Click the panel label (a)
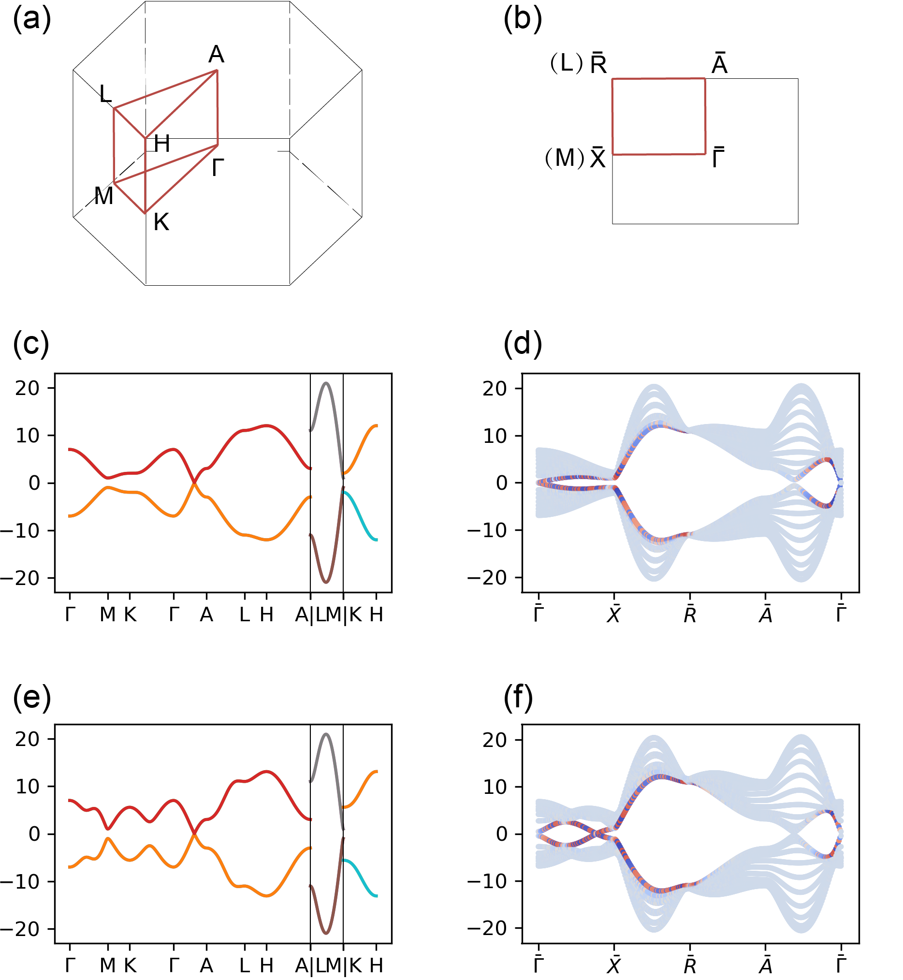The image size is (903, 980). [x=32, y=20]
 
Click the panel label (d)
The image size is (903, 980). [x=523, y=344]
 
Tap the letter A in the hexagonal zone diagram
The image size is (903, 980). [x=216, y=54]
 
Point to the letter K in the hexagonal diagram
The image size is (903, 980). [x=161, y=222]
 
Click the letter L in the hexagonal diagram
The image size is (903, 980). [x=105, y=94]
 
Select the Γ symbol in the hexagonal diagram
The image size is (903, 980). [x=218, y=168]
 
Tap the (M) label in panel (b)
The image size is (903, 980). [x=565, y=158]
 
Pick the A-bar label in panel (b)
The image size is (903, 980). [x=719, y=63]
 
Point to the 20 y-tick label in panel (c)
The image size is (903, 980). [x=28, y=388]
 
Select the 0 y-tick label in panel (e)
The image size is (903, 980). [x=34, y=834]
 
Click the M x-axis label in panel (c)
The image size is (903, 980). [x=107, y=614]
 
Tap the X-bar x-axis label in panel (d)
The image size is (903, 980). [x=614, y=614]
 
